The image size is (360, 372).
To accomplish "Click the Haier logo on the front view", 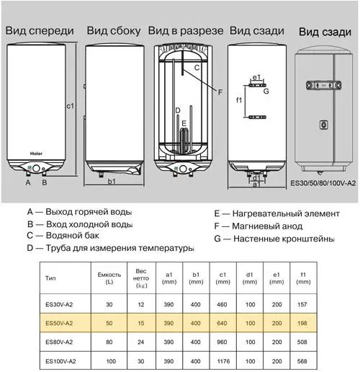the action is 36,154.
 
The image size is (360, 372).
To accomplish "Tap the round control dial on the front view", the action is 36,168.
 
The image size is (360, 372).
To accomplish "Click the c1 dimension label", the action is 71,106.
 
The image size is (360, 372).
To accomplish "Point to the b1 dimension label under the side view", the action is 112,181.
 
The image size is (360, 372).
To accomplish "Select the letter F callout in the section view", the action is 220,92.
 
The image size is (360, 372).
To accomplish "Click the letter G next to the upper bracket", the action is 266,92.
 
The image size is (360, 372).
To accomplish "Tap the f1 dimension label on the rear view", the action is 239,100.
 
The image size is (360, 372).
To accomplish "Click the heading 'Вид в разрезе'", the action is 186,31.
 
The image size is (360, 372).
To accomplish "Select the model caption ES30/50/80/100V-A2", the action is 323,183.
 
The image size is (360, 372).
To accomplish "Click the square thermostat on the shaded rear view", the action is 323,125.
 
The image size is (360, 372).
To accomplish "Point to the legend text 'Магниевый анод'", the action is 267,226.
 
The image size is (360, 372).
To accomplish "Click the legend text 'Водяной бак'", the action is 73,235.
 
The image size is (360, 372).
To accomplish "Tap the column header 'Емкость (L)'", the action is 109,278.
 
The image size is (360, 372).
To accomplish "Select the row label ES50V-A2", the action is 59,323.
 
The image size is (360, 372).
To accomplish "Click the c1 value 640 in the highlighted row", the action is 222,323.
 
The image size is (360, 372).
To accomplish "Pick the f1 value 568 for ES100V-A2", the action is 302,361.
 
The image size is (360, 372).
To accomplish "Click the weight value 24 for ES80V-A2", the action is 141,342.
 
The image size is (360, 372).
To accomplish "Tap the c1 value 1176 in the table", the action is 223,361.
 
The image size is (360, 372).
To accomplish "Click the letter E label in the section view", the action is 184,123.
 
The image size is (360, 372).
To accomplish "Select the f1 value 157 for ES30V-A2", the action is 302,304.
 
